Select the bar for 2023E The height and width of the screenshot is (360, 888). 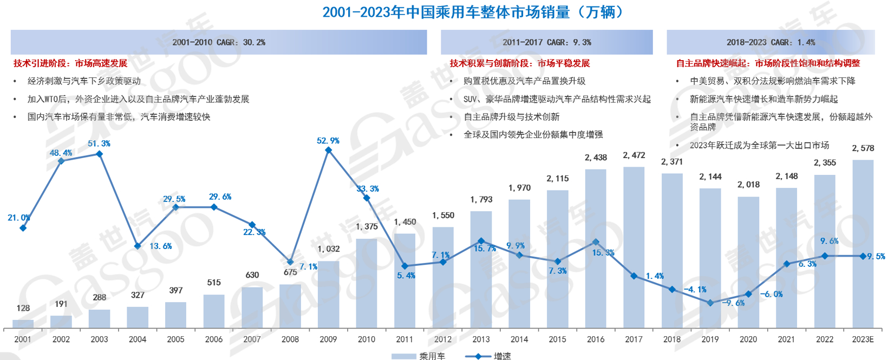pos(863,244)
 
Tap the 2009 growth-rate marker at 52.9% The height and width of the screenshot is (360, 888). pos(328,150)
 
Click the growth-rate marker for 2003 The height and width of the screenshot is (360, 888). pos(99,154)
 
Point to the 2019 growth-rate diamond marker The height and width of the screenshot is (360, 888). pos(710,303)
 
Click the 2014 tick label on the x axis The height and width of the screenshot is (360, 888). pos(519,339)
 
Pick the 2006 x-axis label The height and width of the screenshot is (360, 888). pos(214,339)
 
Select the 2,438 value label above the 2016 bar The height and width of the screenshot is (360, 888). pos(596,158)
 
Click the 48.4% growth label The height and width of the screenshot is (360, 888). pos(61,153)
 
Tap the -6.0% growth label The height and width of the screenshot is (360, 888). pos(771,294)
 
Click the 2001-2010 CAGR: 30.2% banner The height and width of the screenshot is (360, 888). pos(219,42)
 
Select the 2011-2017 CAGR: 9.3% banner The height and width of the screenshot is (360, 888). pos(547,42)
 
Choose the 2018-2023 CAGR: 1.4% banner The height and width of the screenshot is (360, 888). pos(771,42)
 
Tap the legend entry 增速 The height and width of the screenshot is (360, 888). pos(489,356)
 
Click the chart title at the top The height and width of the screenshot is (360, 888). pos(473,12)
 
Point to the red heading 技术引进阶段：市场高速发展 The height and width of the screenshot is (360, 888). pos(70,63)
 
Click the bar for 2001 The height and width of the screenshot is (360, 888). pos(23,324)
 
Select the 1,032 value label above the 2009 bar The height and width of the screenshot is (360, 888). pos(329,249)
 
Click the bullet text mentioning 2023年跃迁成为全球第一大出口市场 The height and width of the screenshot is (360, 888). pos(759,145)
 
